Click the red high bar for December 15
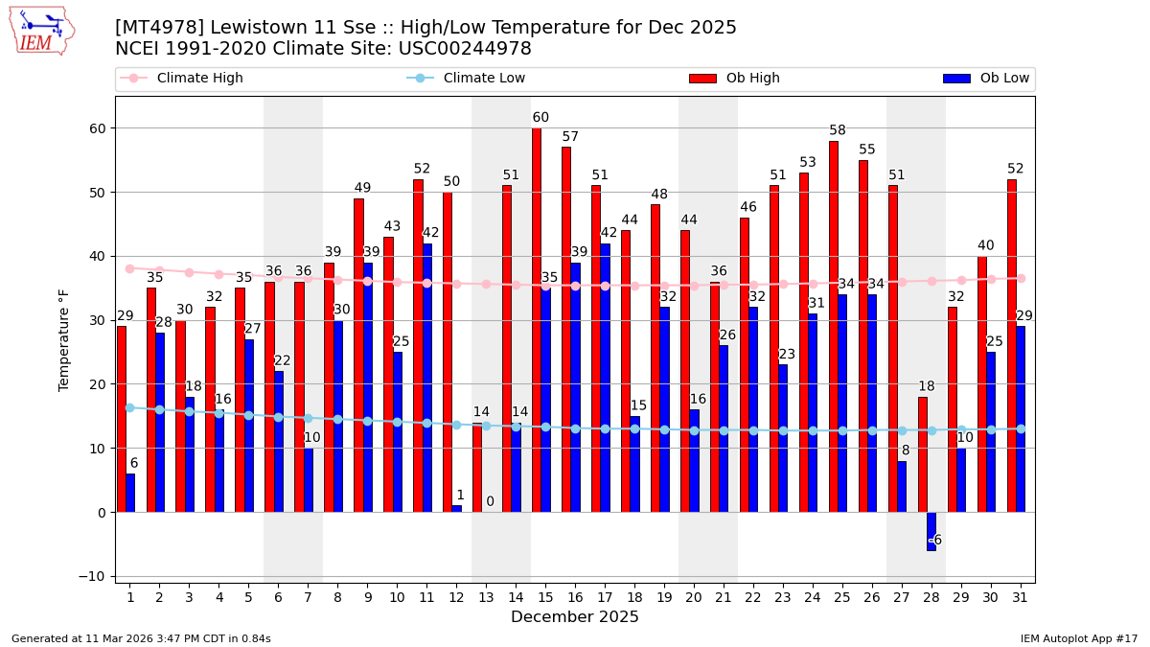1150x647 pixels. (x=537, y=320)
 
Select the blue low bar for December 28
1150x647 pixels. (x=931, y=531)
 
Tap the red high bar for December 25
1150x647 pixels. (x=834, y=326)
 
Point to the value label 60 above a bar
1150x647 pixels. (x=540, y=118)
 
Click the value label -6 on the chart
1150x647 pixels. (x=935, y=540)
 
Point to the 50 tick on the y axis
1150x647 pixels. (x=98, y=193)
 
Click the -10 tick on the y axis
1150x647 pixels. (x=94, y=577)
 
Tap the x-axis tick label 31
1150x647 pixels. (x=1021, y=596)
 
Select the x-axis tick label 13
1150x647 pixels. (x=486, y=596)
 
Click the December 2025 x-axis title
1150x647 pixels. (x=574, y=617)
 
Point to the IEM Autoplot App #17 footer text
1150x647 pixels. (x=1079, y=638)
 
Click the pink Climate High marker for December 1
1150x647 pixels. (x=129, y=268)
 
